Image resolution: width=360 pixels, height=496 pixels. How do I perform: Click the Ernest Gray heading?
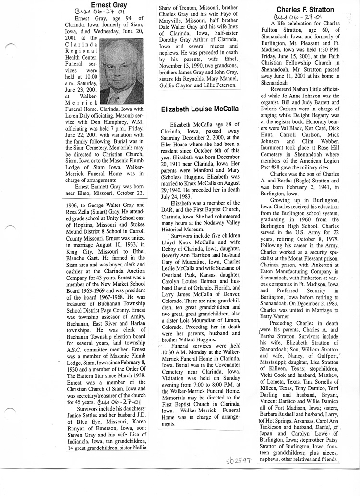click(x=103, y=5)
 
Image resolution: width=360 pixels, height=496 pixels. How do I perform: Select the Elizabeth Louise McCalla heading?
click(x=199, y=109)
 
